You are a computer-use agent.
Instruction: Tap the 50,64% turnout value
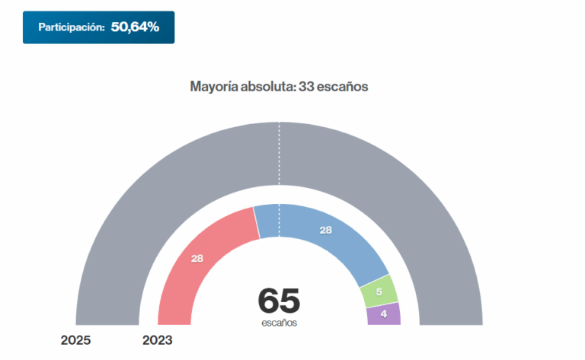pos(135,27)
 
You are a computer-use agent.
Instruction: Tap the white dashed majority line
pos(279,152)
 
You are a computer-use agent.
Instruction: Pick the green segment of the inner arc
pos(379,291)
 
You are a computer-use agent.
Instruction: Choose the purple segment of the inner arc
pos(383,314)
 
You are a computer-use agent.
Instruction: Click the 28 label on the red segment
pos(197,259)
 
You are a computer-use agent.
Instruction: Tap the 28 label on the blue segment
pos(325,230)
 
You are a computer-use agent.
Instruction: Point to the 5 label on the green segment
pos(379,291)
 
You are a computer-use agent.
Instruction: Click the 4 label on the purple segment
pos(383,314)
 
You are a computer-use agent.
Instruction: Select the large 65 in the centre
pos(279,301)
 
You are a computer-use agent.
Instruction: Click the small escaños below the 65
pos(279,323)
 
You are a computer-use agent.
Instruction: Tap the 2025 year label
pos(75,340)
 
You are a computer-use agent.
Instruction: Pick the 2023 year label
pos(158,340)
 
